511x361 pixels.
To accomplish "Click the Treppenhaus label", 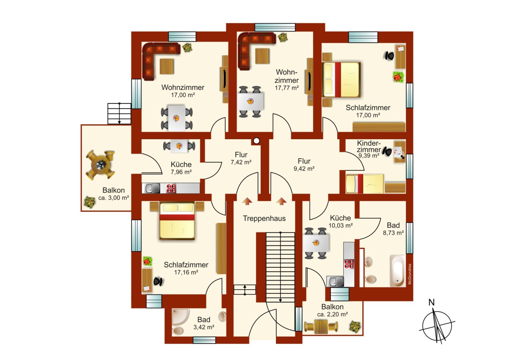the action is tap(264, 218).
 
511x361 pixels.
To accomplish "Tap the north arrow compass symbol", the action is tap(436, 326).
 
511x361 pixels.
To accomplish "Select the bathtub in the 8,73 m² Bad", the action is tap(398, 271).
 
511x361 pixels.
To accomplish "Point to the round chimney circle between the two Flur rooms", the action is tap(256, 141).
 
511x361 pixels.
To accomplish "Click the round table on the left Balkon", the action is tap(100, 165).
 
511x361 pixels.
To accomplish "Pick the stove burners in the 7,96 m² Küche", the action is tap(171, 188).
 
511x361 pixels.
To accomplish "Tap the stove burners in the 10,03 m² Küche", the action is tap(349, 264).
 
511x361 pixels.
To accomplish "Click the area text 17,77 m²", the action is tap(287, 88).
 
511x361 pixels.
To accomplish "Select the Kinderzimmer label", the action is tap(369, 146).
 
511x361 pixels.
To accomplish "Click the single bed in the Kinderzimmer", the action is tap(365, 184).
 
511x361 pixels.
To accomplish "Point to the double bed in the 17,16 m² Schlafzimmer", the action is tap(177, 221).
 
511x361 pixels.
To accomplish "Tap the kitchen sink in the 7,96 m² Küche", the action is tap(152, 188).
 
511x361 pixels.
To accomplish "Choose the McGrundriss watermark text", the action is tap(410, 274).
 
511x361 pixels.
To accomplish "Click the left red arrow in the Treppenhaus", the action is tap(247, 201).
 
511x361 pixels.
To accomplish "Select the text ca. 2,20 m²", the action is tap(333, 314).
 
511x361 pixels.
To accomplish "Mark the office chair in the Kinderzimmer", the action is tap(388, 151).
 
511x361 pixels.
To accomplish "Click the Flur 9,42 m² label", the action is tap(304, 165).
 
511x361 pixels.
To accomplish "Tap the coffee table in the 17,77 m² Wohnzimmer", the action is tap(262, 56).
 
